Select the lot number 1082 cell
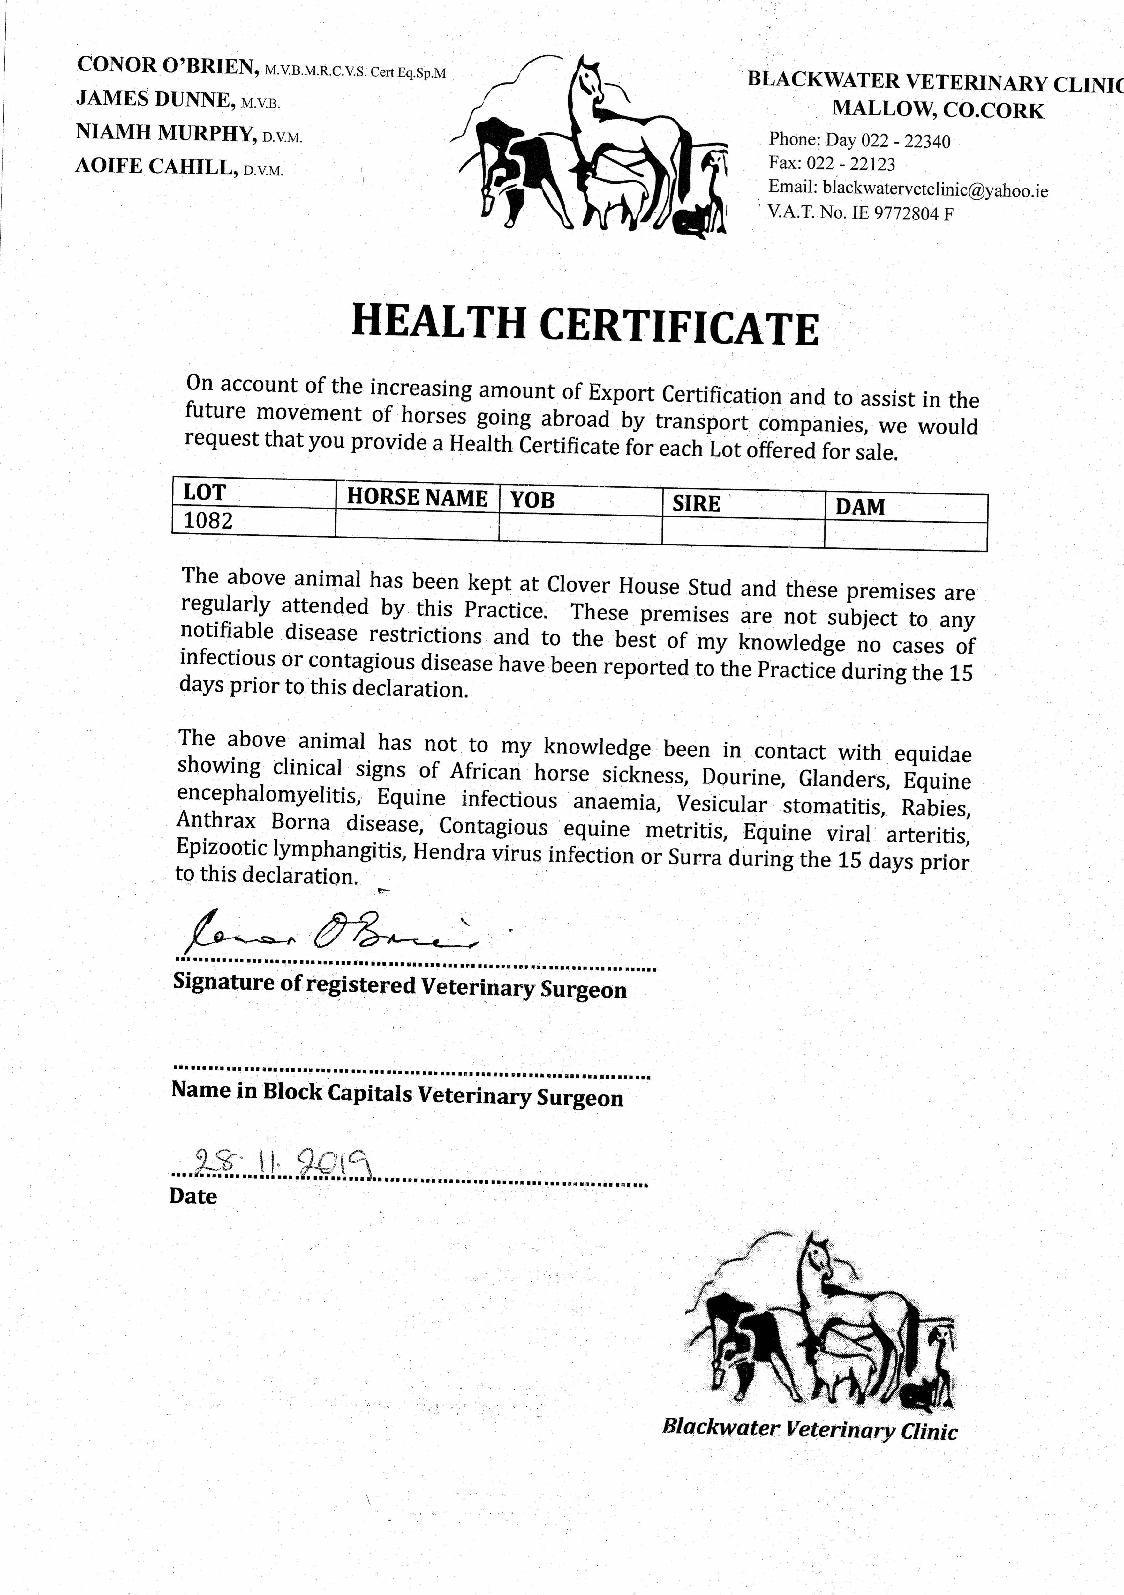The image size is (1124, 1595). coord(208,521)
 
